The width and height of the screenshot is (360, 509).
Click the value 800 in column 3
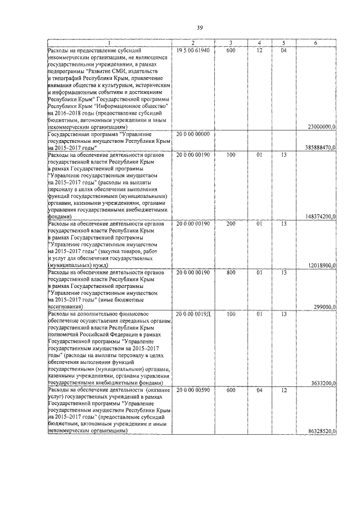(231, 272)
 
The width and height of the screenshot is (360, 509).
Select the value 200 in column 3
(231, 223)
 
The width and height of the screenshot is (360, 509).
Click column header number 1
(109, 43)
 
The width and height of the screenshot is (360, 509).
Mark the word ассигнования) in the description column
(66, 307)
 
